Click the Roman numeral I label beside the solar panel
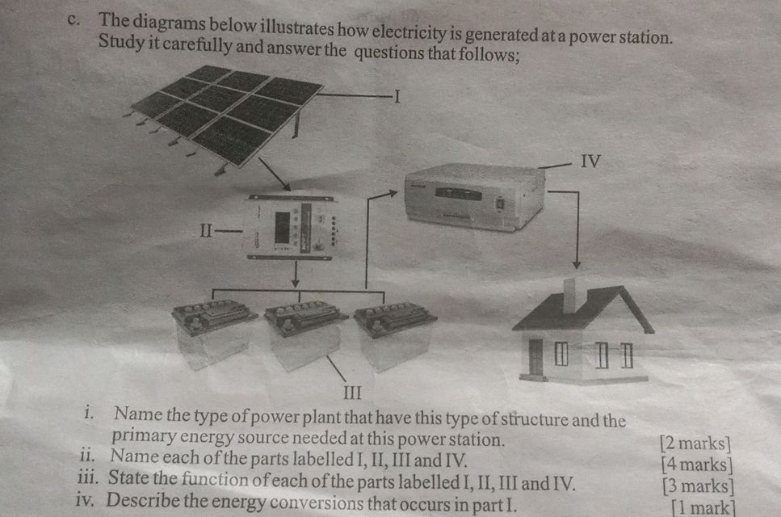(397, 96)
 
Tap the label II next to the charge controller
(206, 230)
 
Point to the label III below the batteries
(352, 393)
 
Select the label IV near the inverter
(590, 161)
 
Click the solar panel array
(227, 116)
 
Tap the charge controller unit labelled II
(292, 227)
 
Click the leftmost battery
(214, 334)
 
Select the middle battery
(304, 334)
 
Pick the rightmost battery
(394, 337)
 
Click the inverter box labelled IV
(475, 197)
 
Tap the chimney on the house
(569, 296)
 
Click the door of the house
(535, 357)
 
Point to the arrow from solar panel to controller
(275, 174)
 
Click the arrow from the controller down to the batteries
(296, 274)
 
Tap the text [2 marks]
(695, 443)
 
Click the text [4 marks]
(697, 464)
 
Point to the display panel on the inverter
(458, 194)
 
